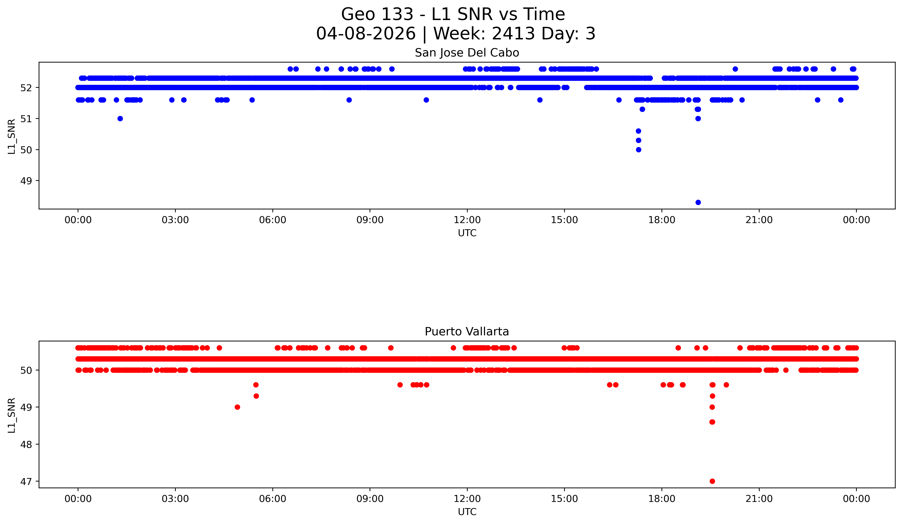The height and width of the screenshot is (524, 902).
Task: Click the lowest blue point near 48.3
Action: point(698,202)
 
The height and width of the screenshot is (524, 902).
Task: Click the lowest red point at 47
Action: point(712,481)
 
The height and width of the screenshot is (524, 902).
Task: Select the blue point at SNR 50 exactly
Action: point(639,150)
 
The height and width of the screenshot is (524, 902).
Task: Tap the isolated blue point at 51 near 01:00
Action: point(120,119)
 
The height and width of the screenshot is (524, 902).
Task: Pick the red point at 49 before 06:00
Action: point(237,407)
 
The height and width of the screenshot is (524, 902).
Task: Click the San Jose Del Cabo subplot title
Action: point(467,53)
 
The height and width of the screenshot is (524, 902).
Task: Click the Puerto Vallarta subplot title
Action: point(467,332)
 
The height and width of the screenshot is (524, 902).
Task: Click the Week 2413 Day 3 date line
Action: point(456,34)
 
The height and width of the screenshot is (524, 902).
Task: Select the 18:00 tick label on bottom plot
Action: point(662,499)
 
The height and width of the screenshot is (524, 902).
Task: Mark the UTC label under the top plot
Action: point(467,233)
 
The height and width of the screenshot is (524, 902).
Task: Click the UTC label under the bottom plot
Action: point(467,512)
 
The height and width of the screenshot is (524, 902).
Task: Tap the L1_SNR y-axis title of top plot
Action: point(12,136)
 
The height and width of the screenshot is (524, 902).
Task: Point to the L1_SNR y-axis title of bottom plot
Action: point(12,415)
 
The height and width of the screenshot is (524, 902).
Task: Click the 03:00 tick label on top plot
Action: point(175,220)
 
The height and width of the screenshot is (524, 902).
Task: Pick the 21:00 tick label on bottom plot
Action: point(759,499)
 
